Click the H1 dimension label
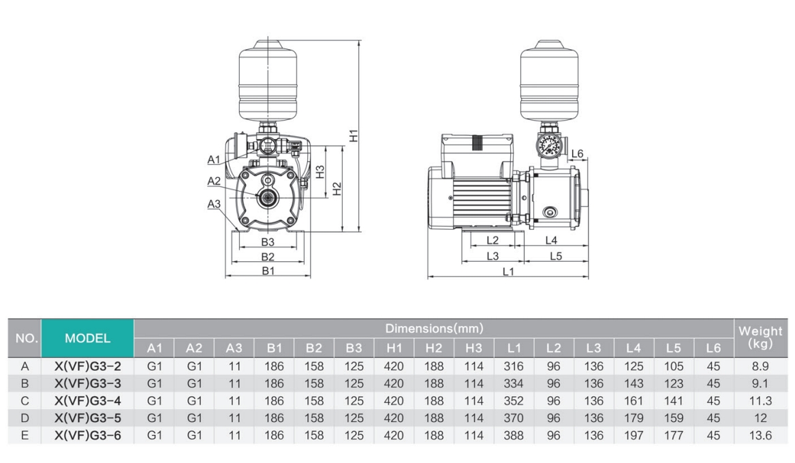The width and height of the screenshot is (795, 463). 354,136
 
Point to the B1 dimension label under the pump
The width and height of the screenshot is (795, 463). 268,271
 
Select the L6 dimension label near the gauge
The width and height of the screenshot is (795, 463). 577,154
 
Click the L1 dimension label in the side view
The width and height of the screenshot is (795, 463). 508,271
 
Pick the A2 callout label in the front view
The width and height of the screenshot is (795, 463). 214,181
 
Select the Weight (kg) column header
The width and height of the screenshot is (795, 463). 760,338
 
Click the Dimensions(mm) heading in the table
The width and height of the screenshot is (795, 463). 434,328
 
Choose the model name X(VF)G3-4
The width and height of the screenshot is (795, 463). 88,400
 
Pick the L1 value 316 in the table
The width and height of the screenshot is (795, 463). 513,366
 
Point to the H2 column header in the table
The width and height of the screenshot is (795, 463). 433,348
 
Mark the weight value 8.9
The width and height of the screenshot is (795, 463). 760,366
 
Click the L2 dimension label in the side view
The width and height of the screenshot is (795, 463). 493,240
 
